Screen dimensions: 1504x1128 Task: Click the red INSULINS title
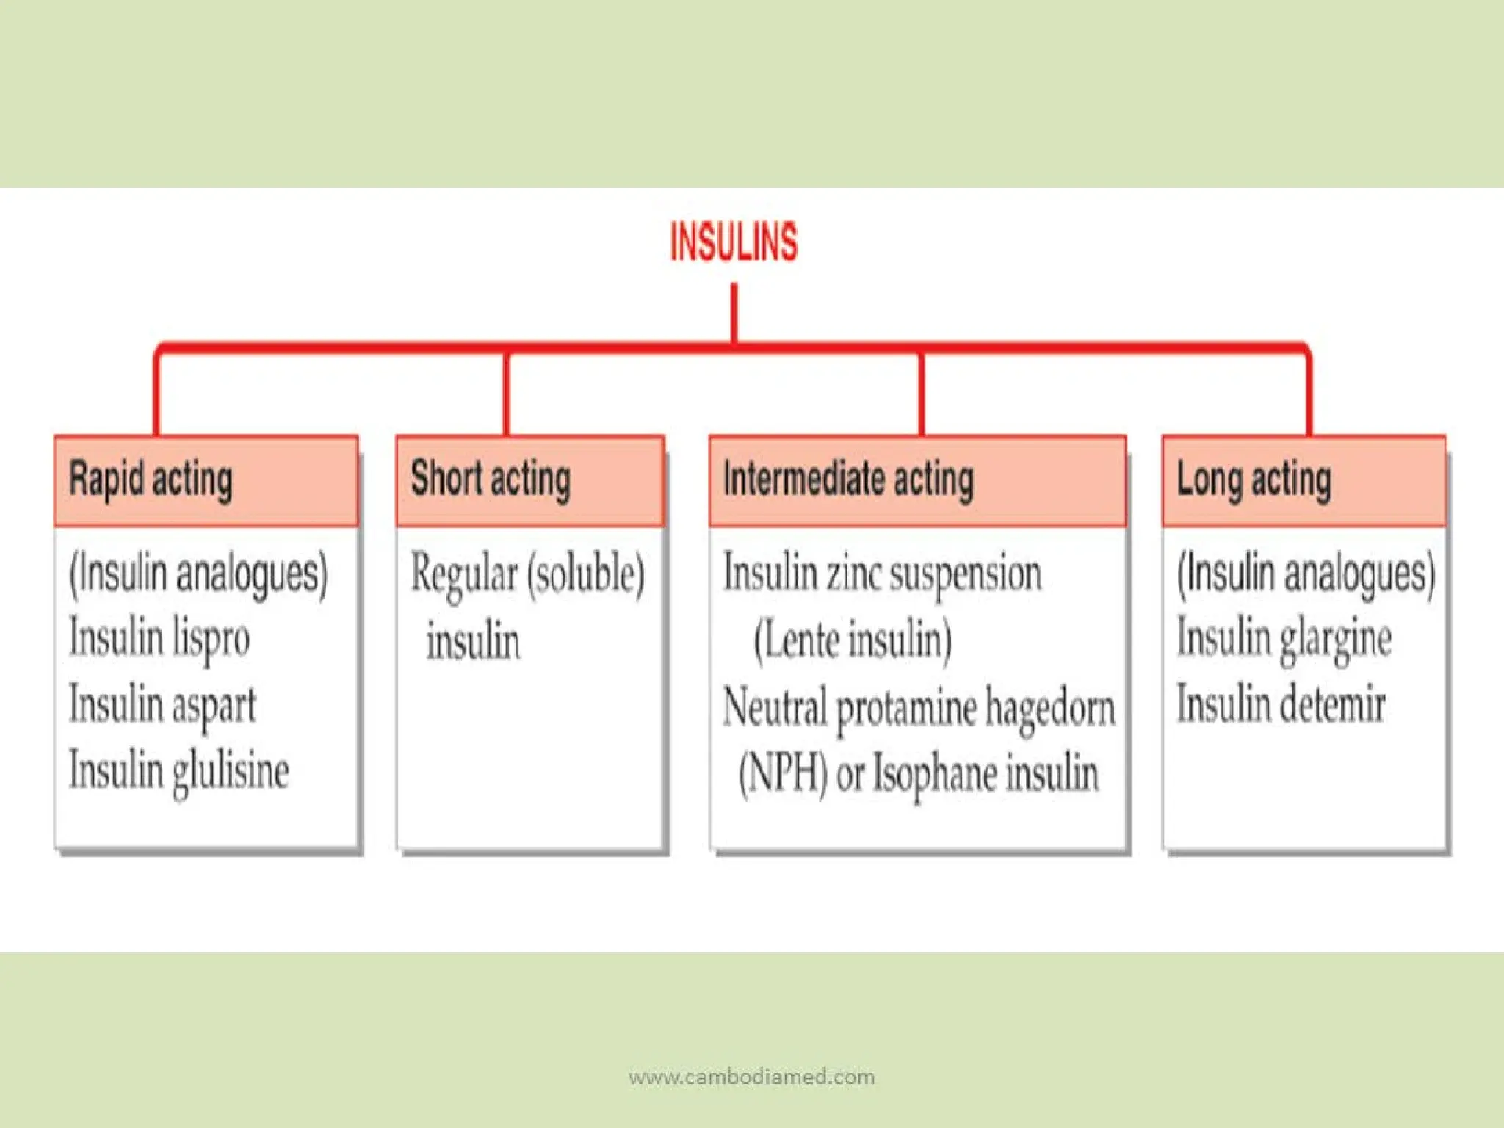click(734, 242)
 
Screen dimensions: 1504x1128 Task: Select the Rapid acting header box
click(206, 481)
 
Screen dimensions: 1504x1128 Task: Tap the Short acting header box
click(530, 481)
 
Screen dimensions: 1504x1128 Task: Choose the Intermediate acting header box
click(917, 481)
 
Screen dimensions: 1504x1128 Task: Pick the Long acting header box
click(1304, 481)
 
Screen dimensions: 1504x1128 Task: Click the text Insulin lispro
click(159, 638)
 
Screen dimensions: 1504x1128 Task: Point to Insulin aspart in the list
click(162, 704)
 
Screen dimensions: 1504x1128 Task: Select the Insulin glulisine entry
click(178, 771)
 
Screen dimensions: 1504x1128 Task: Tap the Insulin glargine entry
click(1284, 638)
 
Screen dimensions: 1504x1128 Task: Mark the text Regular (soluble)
click(527, 574)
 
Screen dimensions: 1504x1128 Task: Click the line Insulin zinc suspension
click(882, 572)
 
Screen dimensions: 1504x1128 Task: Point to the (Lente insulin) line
click(853, 639)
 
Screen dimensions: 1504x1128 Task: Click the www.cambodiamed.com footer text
click(752, 1077)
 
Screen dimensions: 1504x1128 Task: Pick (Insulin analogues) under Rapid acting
click(198, 574)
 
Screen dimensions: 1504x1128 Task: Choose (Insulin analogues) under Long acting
click(1306, 574)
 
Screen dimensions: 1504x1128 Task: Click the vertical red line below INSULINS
click(734, 314)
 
